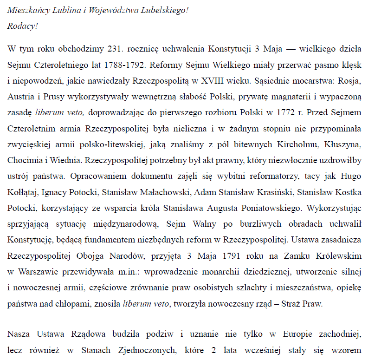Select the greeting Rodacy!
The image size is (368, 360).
[x=22, y=26]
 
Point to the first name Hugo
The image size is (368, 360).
[x=351, y=177]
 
